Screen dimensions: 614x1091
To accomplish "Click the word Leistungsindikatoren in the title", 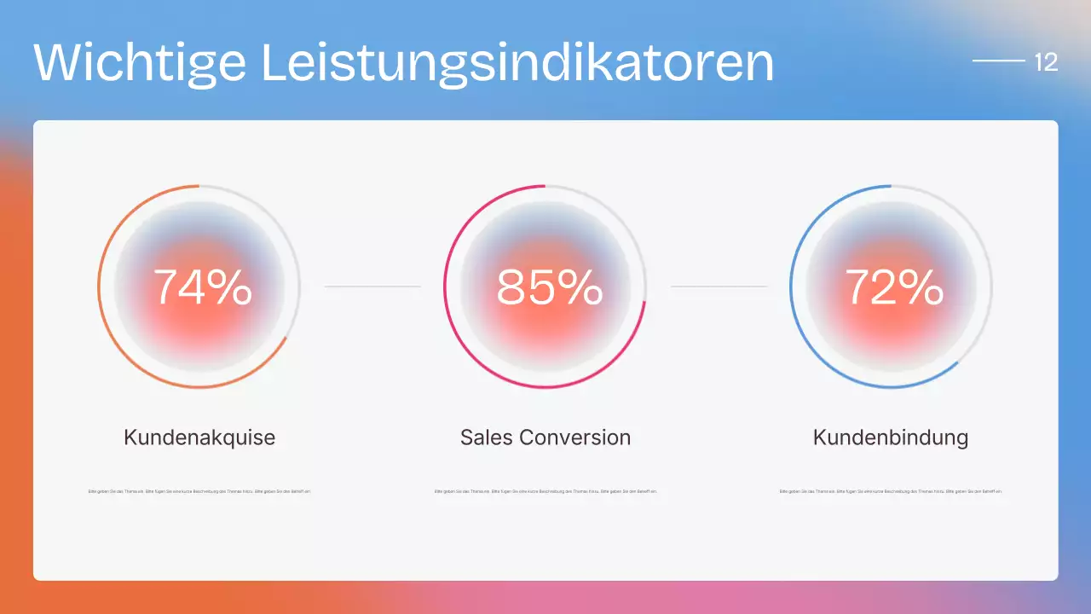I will pos(517,61).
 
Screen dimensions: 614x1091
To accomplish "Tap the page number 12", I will pos(1046,62).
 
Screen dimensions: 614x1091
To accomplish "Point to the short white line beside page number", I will pos(998,61).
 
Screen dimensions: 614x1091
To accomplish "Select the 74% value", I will pos(203,287).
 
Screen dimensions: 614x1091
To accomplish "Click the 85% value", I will pos(550,287).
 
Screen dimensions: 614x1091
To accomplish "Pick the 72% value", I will pos(894,287).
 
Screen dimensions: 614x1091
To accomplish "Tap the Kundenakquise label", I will pos(199,437).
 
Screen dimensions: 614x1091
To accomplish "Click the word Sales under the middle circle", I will pos(487,437).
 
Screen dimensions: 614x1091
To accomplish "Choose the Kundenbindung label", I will pos(891,437).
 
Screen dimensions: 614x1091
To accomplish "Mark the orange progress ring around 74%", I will pos(99,287).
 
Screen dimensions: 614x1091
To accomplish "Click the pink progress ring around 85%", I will pos(445,287).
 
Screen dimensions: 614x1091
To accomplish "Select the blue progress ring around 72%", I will pos(791,287).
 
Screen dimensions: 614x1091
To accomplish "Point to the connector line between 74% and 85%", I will pos(372,287).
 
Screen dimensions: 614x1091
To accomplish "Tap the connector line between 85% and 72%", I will pos(719,287).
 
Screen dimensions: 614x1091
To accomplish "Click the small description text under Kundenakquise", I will pos(199,491).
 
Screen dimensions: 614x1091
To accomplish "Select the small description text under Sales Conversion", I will pos(545,491).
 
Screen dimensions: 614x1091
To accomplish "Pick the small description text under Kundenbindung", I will pos(891,491).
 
